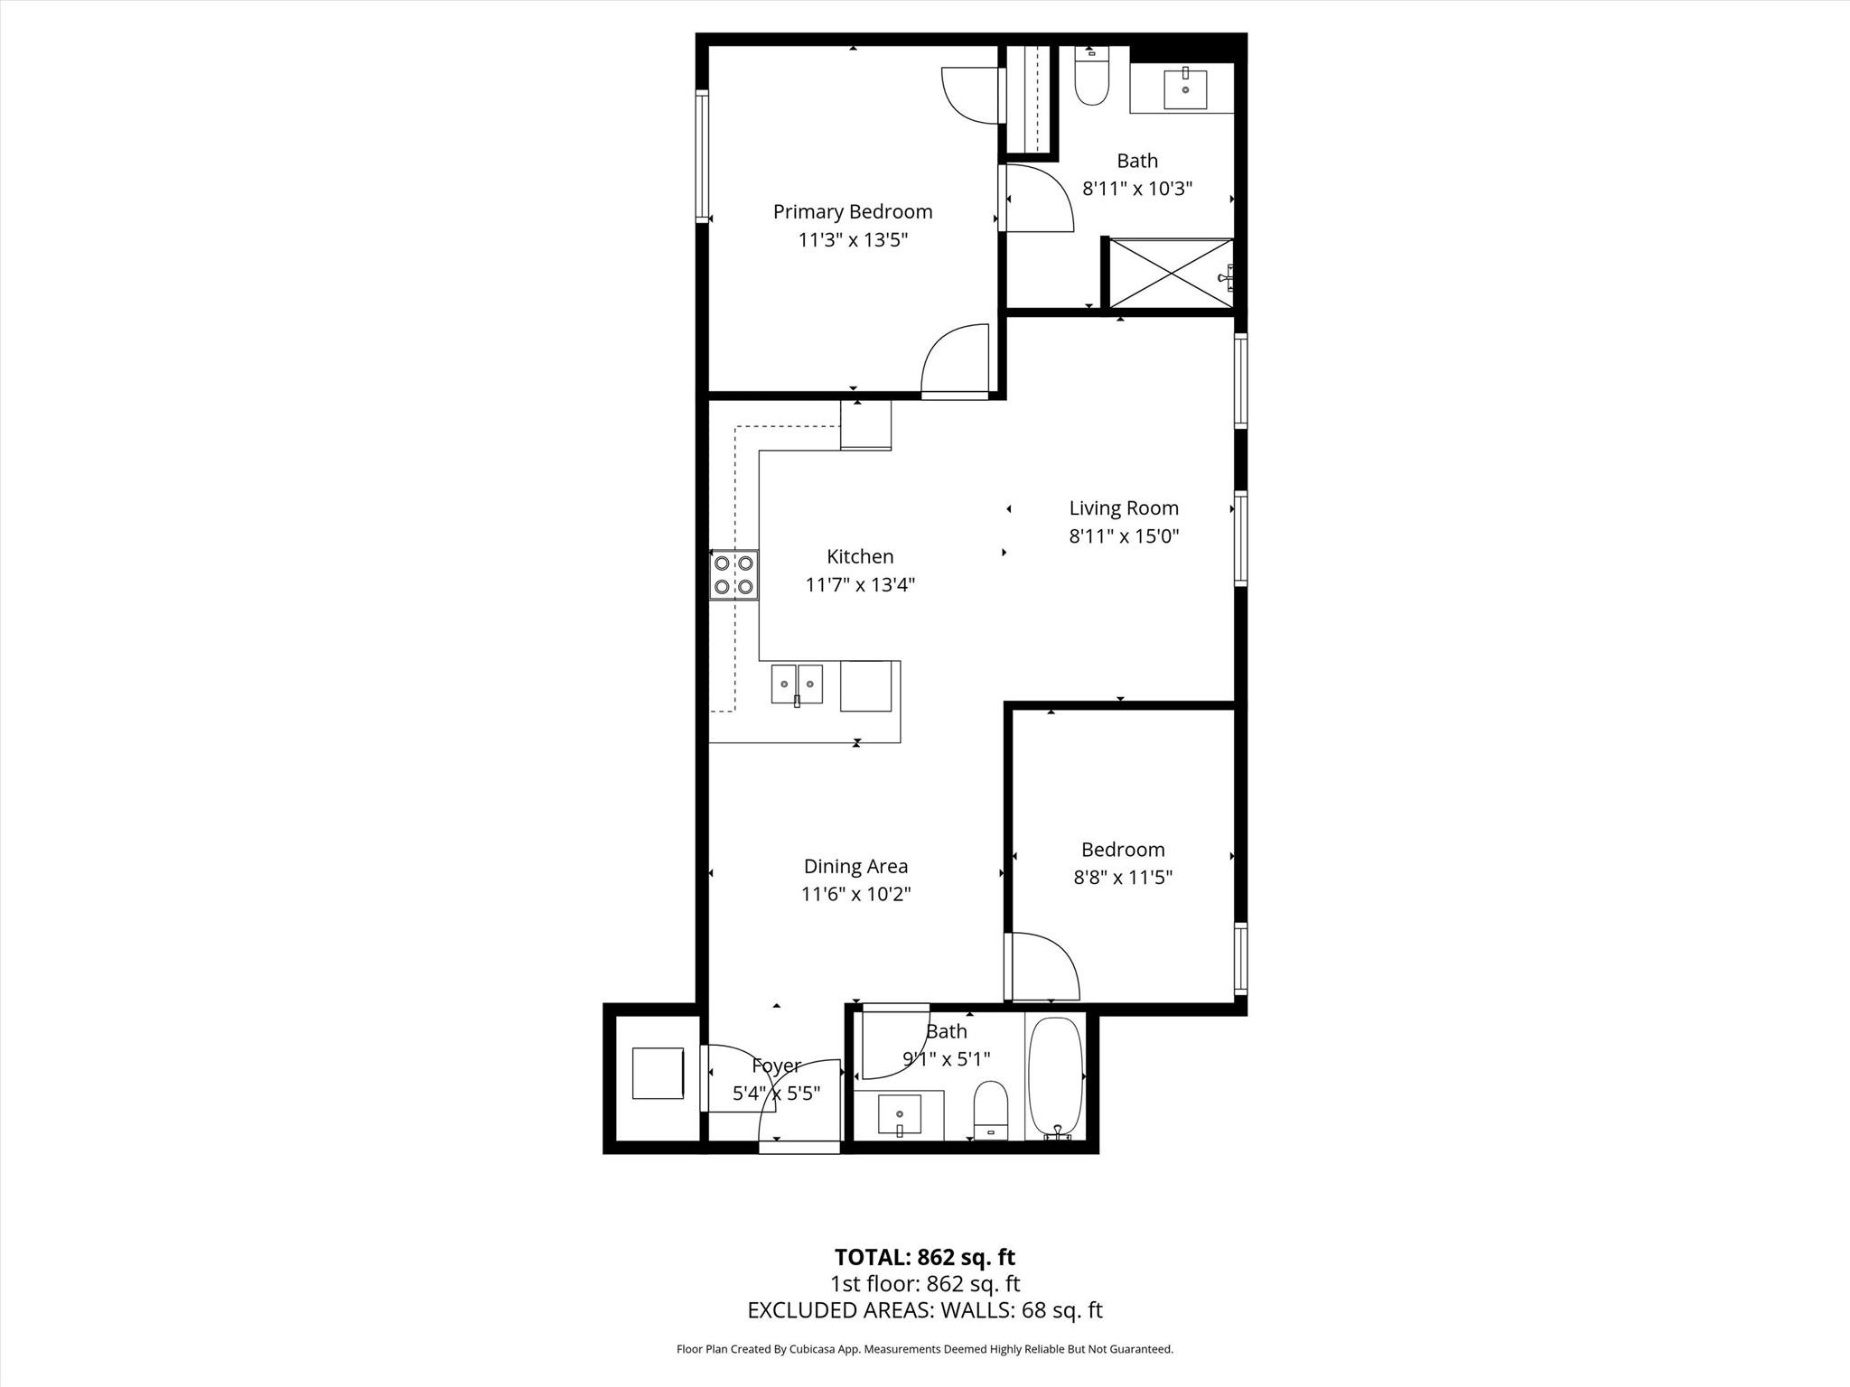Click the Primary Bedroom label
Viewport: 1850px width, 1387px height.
[852, 211]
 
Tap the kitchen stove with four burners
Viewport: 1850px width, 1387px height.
[733, 575]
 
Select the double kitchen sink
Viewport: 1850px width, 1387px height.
[797, 684]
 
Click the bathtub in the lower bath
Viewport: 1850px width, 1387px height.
[1054, 1076]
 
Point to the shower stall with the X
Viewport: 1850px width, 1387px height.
[1170, 273]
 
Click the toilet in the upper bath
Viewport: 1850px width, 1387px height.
[1091, 81]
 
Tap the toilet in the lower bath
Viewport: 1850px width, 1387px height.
[991, 1109]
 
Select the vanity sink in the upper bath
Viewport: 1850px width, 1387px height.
[1184, 89]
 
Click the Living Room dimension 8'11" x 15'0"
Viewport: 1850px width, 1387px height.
[1124, 536]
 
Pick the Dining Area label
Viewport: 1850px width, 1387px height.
[855, 866]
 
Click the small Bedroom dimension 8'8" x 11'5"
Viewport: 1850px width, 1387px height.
[1122, 877]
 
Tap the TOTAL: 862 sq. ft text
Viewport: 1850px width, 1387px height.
[924, 1257]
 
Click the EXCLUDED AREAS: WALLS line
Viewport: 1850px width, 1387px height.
[924, 1310]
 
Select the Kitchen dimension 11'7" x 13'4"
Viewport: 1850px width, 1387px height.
[860, 585]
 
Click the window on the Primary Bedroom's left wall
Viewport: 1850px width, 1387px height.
[701, 156]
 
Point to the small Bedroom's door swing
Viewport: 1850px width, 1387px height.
[1043, 968]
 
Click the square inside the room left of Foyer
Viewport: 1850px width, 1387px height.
[658, 1073]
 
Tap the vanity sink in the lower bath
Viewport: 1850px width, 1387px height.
[899, 1114]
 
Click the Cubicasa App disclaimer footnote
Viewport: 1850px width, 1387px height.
[924, 1349]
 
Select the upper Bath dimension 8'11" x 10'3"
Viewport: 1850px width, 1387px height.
[1137, 189]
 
